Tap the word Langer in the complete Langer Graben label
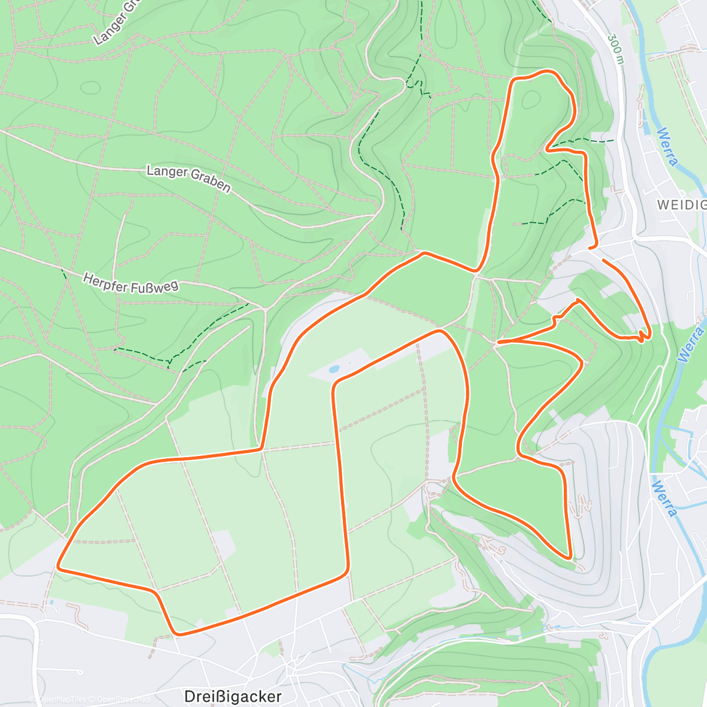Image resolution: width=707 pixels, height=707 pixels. (x=167, y=171)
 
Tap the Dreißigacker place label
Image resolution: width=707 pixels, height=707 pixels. (x=233, y=696)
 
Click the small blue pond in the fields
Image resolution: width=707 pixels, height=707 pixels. (x=334, y=370)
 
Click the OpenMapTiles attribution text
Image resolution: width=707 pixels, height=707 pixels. (x=62, y=699)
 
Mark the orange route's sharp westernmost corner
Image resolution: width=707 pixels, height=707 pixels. (x=58, y=567)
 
